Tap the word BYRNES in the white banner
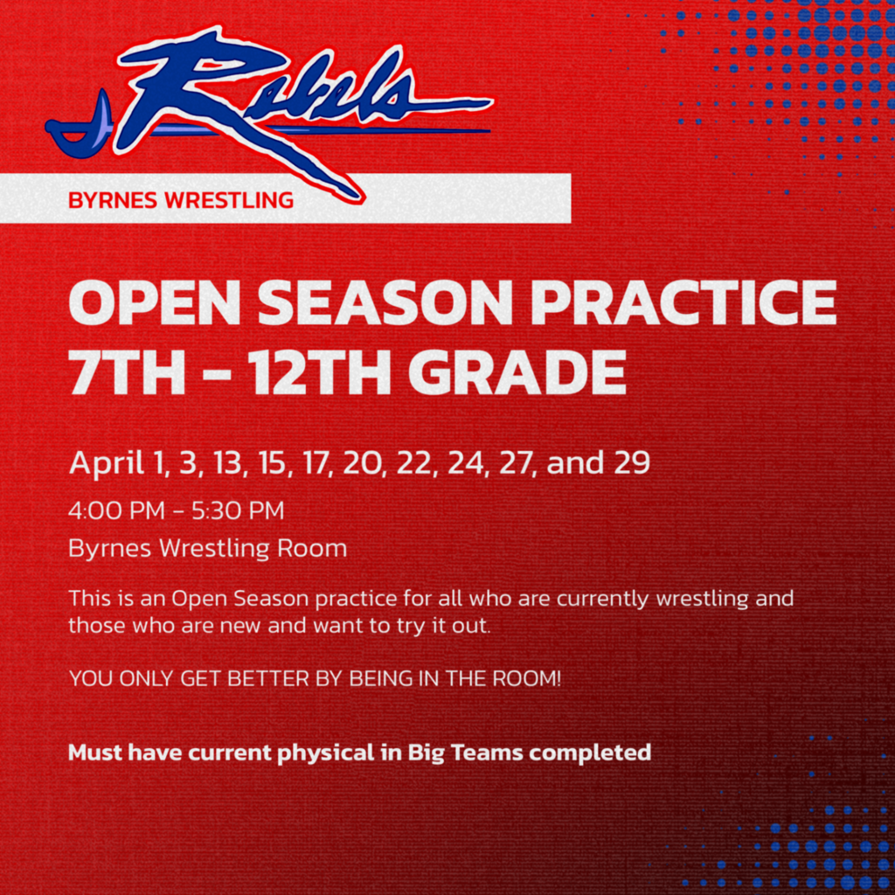coord(109,200)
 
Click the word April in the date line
coord(107,463)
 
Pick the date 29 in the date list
coord(631,463)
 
